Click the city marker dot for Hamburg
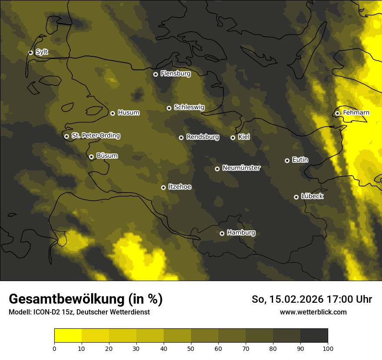click(222, 233)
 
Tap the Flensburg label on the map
click(175, 74)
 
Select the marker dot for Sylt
click(30, 52)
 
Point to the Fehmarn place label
click(356, 113)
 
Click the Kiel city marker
click(233, 137)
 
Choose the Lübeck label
click(312, 196)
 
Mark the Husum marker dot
click(112, 113)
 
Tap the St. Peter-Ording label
click(95, 136)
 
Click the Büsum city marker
click(91, 157)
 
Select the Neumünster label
click(241, 168)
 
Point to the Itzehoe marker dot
click(163, 187)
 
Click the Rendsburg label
click(203, 137)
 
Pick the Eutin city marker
click(287, 160)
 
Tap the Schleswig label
click(189, 107)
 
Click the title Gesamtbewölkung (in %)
click(86, 299)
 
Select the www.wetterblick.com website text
click(313, 312)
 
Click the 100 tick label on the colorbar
click(328, 348)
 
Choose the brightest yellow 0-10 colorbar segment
click(68, 336)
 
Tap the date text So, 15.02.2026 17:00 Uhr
click(312, 299)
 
